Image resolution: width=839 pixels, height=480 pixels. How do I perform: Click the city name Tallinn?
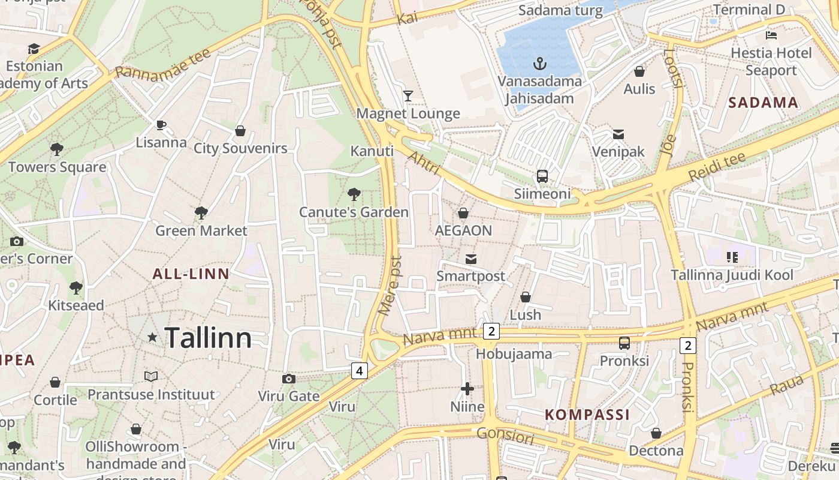[207, 338]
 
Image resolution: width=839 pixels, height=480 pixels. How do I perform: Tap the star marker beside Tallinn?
[152, 338]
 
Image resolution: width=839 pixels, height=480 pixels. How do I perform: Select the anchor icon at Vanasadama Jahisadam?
[540, 63]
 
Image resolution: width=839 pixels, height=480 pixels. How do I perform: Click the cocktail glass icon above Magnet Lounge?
[408, 95]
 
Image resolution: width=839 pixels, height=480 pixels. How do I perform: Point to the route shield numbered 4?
[359, 371]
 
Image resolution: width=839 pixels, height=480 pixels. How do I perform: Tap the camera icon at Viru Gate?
[289, 379]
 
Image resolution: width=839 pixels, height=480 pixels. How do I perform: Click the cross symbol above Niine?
[467, 389]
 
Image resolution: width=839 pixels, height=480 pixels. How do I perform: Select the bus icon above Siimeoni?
[542, 176]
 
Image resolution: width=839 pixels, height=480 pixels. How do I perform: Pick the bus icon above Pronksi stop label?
[624, 343]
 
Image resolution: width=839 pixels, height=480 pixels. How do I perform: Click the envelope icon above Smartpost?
[471, 259]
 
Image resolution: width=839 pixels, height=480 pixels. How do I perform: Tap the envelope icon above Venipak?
[618, 134]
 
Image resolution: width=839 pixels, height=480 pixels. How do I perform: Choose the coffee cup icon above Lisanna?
[161, 125]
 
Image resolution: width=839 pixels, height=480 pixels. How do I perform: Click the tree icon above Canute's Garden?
[354, 194]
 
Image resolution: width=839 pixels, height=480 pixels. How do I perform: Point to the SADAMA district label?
[763, 103]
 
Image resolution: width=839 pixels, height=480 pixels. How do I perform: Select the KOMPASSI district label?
[587, 415]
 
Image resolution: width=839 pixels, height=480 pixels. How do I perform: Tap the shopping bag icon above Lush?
[525, 297]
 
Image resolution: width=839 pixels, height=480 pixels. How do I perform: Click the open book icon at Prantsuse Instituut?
[151, 376]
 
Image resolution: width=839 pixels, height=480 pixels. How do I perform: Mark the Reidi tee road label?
[717, 167]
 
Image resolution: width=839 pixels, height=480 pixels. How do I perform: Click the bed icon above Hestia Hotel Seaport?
[771, 35]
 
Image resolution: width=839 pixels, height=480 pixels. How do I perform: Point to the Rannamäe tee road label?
[162, 63]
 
